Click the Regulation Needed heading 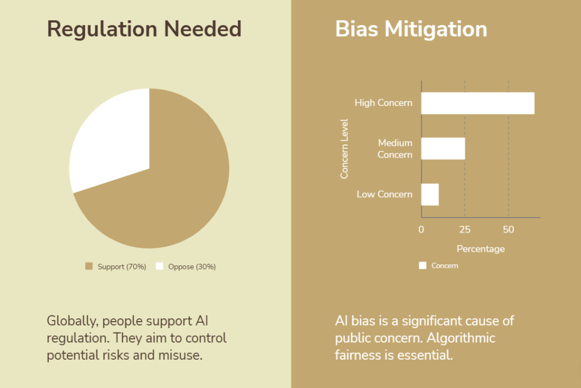pos(144,29)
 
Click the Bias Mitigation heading pos(411,29)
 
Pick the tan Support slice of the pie pos(167,193)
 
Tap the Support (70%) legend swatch pos(89,266)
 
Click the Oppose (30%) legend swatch pos(159,266)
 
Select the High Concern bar pos(478,103)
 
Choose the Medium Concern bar pos(443,149)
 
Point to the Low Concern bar pos(430,195)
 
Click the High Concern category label pos(384,103)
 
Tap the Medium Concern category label pos(395,149)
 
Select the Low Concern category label pos(385,195)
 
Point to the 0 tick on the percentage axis pos(422,230)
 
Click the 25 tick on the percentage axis pos(465,230)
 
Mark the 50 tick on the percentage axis pos(508,230)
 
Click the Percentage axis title pos(481,249)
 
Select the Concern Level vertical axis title pos(344,149)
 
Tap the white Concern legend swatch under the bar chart pos(423,265)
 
